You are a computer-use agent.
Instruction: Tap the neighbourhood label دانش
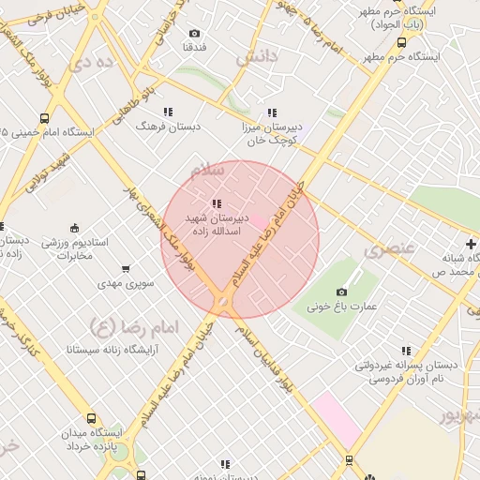[257, 57]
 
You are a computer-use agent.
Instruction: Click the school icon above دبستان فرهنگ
[169, 112]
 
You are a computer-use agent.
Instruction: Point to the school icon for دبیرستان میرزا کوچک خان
[272, 112]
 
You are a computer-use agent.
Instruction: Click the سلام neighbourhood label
[207, 171]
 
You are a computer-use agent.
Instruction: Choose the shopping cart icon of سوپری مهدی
[126, 269]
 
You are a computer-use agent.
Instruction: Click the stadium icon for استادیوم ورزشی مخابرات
[75, 228]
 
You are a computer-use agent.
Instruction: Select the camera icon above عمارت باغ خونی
[341, 292]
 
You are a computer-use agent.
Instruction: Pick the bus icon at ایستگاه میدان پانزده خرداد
[91, 419]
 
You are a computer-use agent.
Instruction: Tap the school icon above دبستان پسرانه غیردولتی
[406, 351]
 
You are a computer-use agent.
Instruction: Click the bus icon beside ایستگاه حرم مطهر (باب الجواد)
[401, 41]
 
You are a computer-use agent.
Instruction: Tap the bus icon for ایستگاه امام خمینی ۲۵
[5, 132]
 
